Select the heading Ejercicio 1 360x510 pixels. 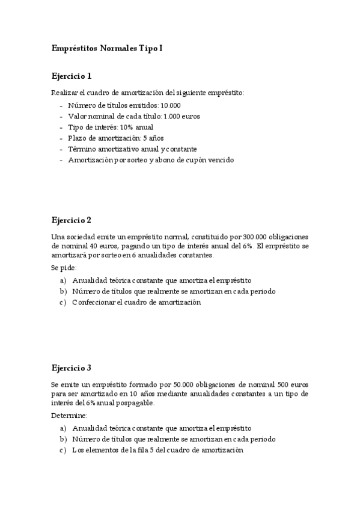coord(72,76)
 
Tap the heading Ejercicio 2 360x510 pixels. coord(72,220)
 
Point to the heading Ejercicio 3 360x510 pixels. coord(72,367)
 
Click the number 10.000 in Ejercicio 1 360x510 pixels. coord(171,105)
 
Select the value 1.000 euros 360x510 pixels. coord(182,115)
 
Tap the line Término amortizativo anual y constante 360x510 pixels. coord(132,149)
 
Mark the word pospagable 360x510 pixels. coord(136,403)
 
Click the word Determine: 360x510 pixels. coord(69,416)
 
